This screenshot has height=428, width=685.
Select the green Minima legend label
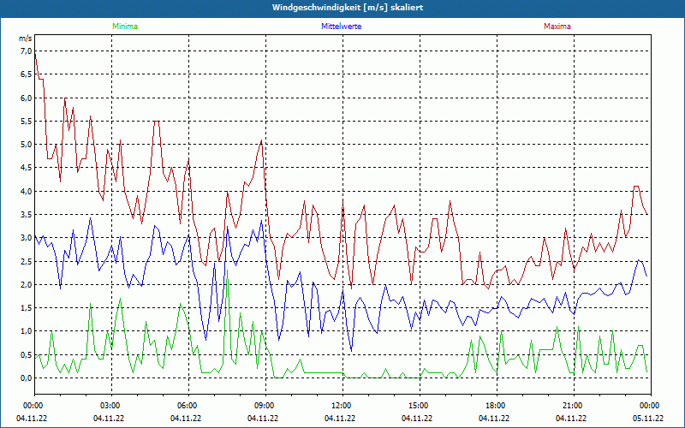point(124,27)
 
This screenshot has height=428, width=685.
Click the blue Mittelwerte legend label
point(341,27)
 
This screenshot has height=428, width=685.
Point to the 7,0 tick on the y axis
point(24,51)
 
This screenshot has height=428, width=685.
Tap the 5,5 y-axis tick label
point(24,122)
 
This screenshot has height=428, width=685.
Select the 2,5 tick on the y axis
point(24,261)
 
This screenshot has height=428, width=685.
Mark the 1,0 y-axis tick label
point(24,331)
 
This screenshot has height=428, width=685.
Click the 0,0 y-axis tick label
point(24,377)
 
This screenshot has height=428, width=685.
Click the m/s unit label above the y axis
point(25,39)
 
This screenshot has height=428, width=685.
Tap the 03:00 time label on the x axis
point(110,405)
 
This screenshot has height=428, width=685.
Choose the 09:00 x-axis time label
point(265,405)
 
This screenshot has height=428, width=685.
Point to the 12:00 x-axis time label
point(342,405)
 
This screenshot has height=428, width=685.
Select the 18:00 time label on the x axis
point(496,405)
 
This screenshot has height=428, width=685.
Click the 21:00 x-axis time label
point(573,405)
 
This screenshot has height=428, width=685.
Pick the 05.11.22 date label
point(649,419)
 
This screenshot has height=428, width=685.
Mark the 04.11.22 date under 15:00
point(418,419)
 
